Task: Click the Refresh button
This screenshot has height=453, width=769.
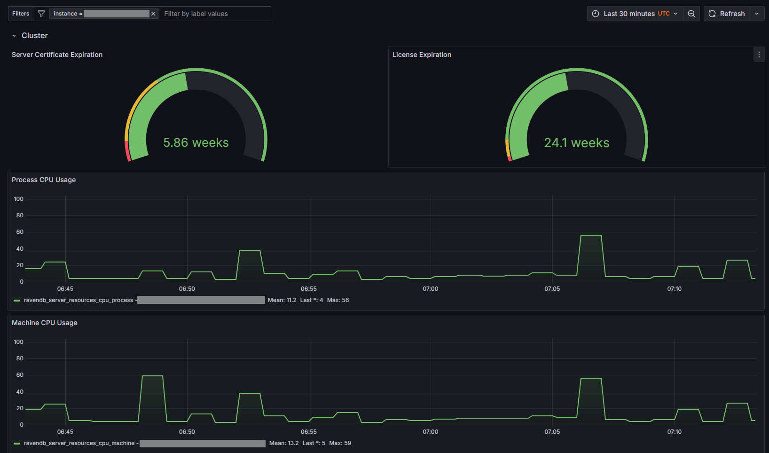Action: pos(727,14)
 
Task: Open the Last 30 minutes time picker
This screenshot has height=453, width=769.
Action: pos(635,14)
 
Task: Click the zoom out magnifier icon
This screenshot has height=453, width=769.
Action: pos(691,14)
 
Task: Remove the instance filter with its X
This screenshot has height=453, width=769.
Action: pos(153,14)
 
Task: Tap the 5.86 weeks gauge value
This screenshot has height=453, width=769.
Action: pos(196,143)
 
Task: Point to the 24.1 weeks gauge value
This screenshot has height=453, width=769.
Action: pos(577,143)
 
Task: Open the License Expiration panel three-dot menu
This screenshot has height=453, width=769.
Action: pos(759,55)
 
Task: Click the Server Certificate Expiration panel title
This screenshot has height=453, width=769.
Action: pos(57,55)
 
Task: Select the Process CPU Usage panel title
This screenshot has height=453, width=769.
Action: pos(44,180)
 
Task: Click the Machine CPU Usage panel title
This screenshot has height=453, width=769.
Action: pos(45,323)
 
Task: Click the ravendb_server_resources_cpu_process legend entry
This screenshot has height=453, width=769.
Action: pos(78,300)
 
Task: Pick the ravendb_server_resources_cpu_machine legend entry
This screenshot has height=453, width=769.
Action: pos(79,443)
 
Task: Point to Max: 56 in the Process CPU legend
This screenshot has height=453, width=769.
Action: pos(338,300)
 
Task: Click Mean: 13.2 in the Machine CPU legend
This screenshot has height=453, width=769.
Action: pos(284,443)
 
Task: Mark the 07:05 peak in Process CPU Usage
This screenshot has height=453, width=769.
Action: pos(591,235)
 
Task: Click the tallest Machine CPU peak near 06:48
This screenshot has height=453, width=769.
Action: pos(152,376)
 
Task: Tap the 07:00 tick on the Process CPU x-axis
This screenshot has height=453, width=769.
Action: pos(431,289)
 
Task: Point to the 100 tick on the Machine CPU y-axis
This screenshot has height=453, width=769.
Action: pos(19,342)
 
